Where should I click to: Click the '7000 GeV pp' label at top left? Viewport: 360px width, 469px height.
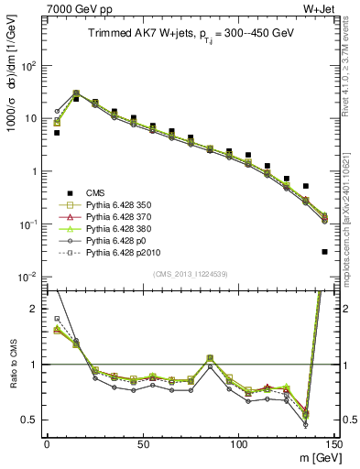pos(73,9)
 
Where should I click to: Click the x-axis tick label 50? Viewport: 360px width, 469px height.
pos(143,444)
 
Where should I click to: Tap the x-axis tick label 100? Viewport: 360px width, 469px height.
pos(239,444)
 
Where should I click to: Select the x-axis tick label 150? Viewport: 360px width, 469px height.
pos(334,444)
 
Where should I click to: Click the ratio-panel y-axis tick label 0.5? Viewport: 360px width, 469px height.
pos(29,420)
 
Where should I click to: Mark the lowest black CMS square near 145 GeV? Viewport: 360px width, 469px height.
pos(325,252)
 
